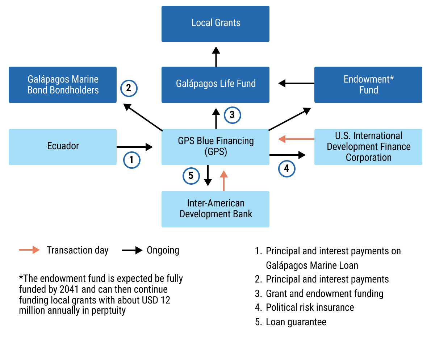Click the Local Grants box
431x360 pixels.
click(x=215, y=24)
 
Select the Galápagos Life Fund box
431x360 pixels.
click(x=215, y=84)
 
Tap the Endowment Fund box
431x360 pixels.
click(x=368, y=84)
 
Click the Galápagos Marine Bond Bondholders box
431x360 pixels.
click(x=63, y=84)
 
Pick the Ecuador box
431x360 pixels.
click(x=63, y=147)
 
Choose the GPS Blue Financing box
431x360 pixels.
click(x=215, y=147)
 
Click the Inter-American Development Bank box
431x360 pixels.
click(x=215, y=209)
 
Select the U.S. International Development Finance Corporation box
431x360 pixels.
click(x=368, y=147)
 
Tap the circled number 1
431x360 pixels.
click(x=131, y=160)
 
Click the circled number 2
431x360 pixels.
click(x=129, y=88)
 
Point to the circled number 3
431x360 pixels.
click(x=232, y=115)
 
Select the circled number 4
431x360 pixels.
click(x=286, y=168)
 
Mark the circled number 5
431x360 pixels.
click(x=191, y=176)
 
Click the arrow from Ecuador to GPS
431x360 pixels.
click(x=134, y=147)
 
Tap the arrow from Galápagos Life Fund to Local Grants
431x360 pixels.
click(x=216, y=56)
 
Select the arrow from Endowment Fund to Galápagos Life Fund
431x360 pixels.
click(x=296, y=84)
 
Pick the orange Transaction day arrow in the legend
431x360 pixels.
click(x=29, y=250)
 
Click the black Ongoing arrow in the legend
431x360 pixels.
click(x=132, y=250)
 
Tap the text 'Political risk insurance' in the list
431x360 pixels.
click(x=310, y=307)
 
